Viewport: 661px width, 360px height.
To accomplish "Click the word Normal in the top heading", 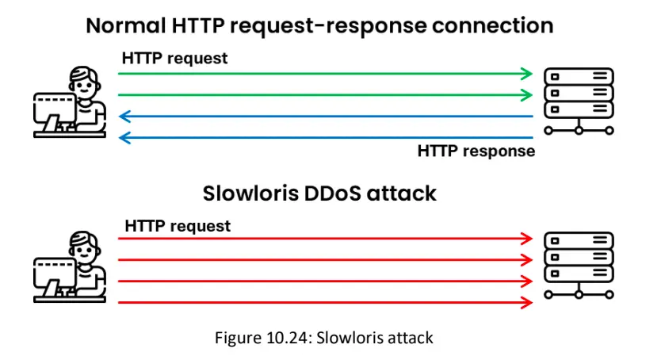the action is [x=126, y=25].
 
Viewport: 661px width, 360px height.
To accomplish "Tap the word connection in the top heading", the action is [x=492, y=25].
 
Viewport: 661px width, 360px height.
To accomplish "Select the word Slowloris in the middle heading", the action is [x=250, y=193].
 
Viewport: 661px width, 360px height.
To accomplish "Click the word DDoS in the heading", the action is [x=332, y=193].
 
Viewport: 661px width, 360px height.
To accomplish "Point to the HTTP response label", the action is [x=476, y=151].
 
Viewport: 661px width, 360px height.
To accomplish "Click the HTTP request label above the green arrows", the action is [x=174, y=58].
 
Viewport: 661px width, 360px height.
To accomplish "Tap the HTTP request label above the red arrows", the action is [x=178, y=226].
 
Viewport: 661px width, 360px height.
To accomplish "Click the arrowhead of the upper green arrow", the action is [x=527, y=74].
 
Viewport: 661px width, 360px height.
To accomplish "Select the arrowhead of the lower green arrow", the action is [x=527, y=95].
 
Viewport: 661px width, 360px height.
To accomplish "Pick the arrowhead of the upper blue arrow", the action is [x=124, y=117].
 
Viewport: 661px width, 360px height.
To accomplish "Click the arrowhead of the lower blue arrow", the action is [x=124, y=137].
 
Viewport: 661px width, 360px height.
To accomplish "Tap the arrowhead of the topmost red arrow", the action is [x=527, y=239].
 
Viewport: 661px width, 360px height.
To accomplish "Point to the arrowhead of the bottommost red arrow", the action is [x=527, y=302].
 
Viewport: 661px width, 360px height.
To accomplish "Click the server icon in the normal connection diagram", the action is [x=579, y=101].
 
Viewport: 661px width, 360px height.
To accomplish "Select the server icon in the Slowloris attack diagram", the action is [x=579, y=266].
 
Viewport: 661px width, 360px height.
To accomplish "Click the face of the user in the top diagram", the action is [x=84, y=86].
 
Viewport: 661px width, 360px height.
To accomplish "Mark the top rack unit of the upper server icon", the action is [x=579, y=76].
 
